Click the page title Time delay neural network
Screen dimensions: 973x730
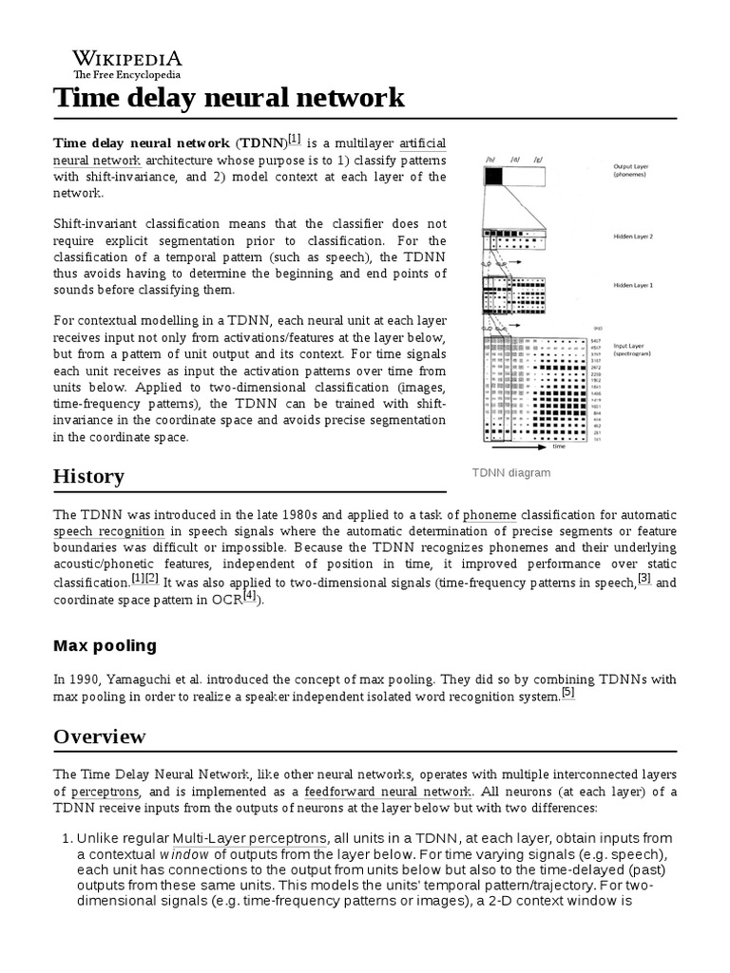click(229, 98)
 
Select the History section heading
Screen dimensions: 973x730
click(88, 475)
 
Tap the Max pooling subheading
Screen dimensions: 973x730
click(105, 646)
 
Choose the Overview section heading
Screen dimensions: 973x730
click(100, 736)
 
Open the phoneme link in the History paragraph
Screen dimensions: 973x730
click(489, 514)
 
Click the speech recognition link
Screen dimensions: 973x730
click(109, 531)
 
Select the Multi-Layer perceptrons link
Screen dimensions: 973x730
click(250, 838)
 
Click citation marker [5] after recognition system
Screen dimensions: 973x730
click(568, 693)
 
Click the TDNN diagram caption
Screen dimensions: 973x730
click(511, 472)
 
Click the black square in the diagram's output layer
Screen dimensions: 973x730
click(494, 175)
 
